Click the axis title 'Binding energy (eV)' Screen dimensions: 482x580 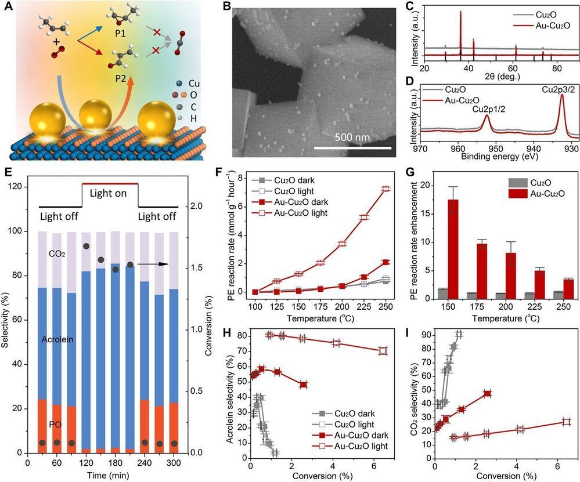coord(498,156)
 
